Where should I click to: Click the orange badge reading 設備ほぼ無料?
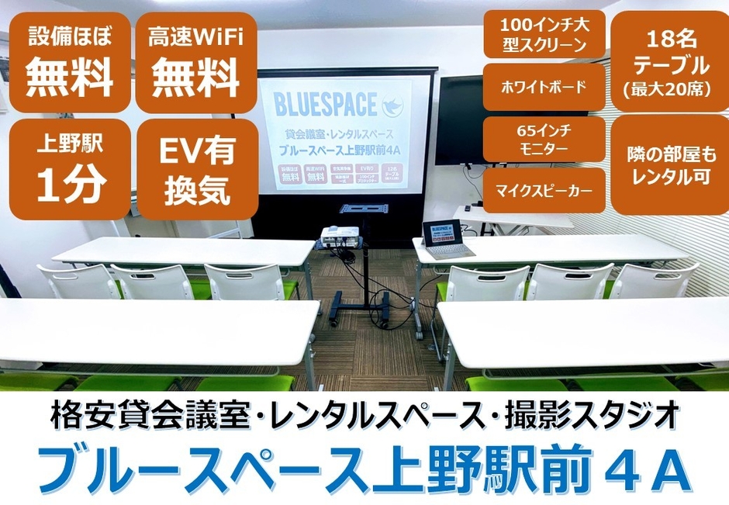tap(70, 62)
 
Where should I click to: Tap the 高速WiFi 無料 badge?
tap(196, 62)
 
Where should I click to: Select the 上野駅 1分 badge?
tap(70, 169)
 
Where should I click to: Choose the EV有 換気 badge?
tap(196, 169)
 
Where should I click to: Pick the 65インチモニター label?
tap(543, 138)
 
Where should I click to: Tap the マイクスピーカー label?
tap(543, 189)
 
